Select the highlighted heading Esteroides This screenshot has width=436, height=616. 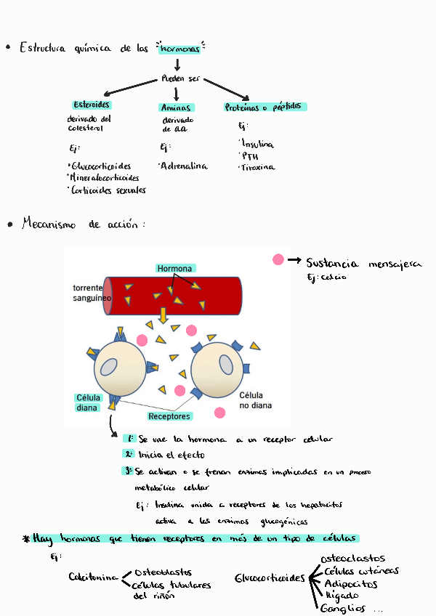(x=92, y=105)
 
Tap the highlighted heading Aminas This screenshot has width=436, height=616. (x=175, y=108)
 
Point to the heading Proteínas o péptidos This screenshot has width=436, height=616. (x=266, y=107)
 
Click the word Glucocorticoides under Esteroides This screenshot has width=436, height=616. (x=101, y=166)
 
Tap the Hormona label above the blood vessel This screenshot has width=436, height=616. (x=174, y=269)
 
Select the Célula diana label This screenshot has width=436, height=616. (x=87, y=402)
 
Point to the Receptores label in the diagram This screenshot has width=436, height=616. (x=169, y=416)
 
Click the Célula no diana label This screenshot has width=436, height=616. (x=254, y=400)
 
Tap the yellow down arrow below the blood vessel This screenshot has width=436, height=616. (x=163, y=315)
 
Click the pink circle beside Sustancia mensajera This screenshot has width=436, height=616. (x=278, y=259)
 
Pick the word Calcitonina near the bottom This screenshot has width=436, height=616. (x=93, y=577)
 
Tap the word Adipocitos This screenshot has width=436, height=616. (x=351, y=583)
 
